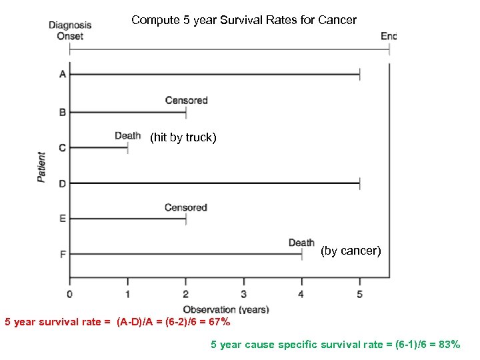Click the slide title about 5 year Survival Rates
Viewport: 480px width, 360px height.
tap(244, 20)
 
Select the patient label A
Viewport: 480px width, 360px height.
tap(63, 74)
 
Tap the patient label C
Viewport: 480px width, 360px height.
tap(63, 147)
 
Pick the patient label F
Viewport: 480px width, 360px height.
tap(63, 254)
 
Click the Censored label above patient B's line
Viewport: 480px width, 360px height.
tap(186, 101)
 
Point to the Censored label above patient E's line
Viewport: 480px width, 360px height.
tap(186, 207)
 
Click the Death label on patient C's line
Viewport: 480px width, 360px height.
tap(127, 136)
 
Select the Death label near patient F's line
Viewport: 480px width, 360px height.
tap(301, 243)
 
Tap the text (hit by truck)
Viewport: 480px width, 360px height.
tap(183, 138)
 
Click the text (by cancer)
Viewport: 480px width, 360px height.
tap(351, 251)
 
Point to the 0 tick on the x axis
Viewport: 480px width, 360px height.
tap(70, 293)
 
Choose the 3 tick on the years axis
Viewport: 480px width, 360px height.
tap(243, 293)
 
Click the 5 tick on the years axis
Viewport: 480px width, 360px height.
tap(359, 293)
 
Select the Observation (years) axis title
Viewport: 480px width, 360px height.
tap(226, 309)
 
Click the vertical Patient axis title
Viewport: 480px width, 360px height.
tap(42, 167)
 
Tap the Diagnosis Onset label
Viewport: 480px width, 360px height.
tap(70, 31)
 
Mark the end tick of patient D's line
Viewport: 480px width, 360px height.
tap(359, 183)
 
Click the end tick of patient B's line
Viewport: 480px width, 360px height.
tap(186, 112)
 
